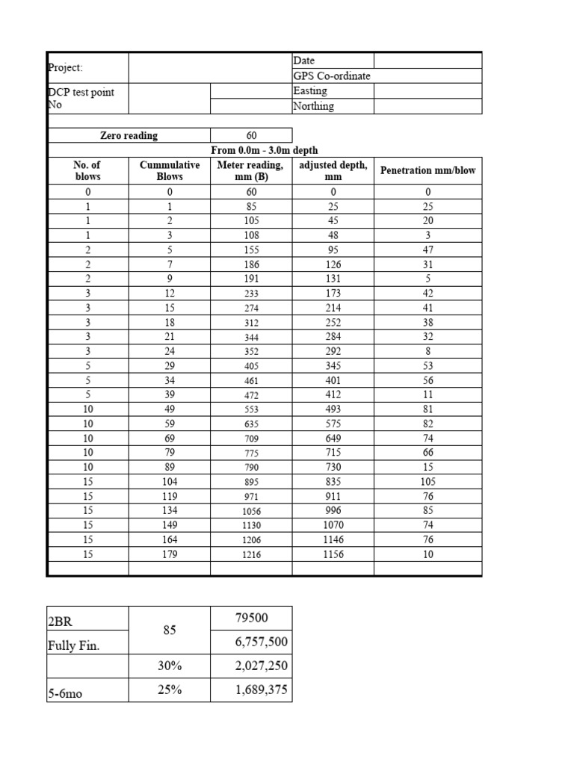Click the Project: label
point(65,67)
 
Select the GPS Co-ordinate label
point(331,75)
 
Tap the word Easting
point(310,90)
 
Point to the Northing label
point(313,106)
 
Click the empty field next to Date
point(428,60)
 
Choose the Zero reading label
point(129,135)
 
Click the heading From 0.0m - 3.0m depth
point(265,150)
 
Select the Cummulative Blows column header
point(170,170)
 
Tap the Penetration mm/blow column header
point(428,170)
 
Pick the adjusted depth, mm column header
point(333,170)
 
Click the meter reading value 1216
point(250,555)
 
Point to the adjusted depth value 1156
point(333,555)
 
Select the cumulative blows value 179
point(170,555)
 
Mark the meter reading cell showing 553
point(250,410)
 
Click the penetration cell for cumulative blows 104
point(428,483)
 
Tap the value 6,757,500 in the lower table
point(261,642)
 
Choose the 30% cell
point(170,666)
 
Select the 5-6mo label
point(65,693)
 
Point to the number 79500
point(251,618)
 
